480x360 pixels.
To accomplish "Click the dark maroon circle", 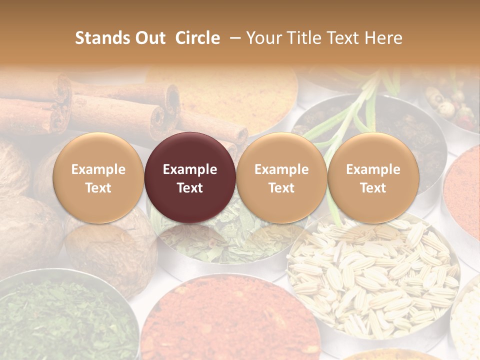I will (x=190, y=178).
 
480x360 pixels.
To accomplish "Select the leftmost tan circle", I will (x=98, y=178).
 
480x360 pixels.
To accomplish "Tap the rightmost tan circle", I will (x=373, y=178).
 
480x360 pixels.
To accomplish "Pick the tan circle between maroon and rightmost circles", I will (x=281, y=178).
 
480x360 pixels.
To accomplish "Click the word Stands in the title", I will (x=102, y=38).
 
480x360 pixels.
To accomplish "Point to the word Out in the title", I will (x=149, y=38).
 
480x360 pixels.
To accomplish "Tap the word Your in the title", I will (x=264, y=38).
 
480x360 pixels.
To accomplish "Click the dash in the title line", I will (x=234, y=38).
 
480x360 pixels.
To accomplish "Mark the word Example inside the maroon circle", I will (x=190, y=169).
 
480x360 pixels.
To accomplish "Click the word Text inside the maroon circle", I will (x=190, y=188).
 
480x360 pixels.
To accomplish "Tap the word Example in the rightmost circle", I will (x=373, y=169).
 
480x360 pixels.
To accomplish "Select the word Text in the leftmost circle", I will (x=98, y=188).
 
